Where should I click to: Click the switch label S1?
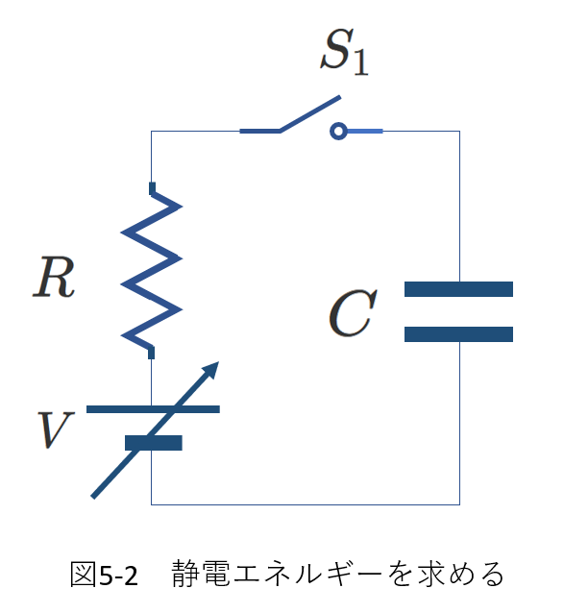click(345, 52)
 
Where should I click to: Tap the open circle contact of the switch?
click(338, 131)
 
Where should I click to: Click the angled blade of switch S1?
click(309, 113)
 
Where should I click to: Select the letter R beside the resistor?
click(54, 277)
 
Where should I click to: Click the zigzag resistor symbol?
click(151, 271)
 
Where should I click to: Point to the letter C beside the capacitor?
click(353, 313)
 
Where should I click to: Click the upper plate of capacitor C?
click(458, 289)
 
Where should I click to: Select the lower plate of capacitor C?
click(458, 334)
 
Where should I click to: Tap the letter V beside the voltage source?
click(55, 429)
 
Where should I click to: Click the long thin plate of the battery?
click(153, 409)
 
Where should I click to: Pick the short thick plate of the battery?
click(154, 443)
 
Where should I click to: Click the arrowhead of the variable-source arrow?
click(210, 370)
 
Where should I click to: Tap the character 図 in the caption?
click(83, 575)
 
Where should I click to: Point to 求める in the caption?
click(460, 574)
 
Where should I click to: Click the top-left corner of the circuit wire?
click(151, 131)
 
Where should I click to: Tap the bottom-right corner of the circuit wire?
click(459, 504)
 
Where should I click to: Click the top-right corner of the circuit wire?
click(459, 131)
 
